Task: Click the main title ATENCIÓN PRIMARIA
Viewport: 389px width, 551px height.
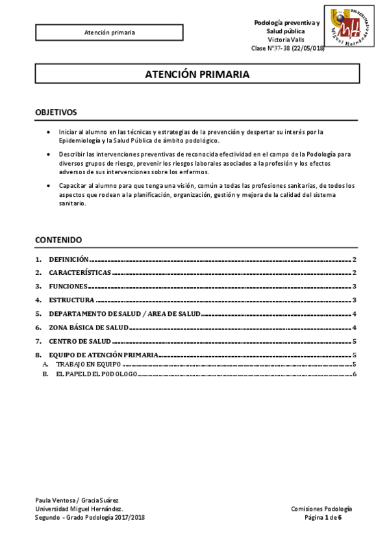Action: pos(197,75)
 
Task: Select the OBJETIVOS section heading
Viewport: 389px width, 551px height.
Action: pos(56,112)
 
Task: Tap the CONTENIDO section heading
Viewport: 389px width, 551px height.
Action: pos(58,240)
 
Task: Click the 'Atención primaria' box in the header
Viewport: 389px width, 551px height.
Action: pos(110,32)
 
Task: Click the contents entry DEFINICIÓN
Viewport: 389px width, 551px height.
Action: pos(69,259)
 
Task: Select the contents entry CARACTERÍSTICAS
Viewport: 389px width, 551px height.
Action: pos(80,273)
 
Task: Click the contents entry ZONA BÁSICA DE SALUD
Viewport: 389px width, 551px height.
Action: pos(88,327)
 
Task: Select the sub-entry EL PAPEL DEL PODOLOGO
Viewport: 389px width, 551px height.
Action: pos(96,375)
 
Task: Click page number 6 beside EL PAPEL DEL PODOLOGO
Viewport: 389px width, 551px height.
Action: pos(355,375)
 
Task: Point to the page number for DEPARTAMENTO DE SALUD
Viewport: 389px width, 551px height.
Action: pos(355,314)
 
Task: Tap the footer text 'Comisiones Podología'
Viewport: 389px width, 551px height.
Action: pos(321,509)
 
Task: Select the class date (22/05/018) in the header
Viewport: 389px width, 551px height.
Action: pos(308,48)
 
